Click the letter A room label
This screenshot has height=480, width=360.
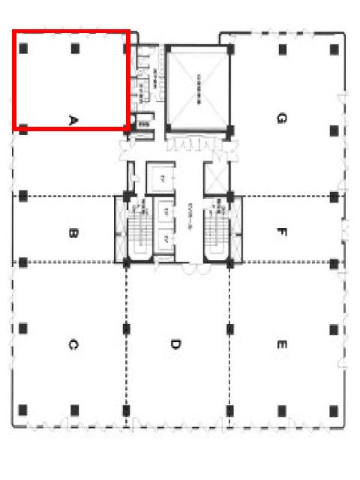[73, 119]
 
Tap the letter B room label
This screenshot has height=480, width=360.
[73, 233]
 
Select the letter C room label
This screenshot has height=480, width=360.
[73, 345]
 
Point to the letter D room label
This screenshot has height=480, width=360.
[174, 345]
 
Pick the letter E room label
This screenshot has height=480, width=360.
[280, 345]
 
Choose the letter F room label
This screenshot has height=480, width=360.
[280, 232]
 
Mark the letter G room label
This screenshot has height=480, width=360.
[280, 118]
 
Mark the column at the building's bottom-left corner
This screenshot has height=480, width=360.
[23, 410]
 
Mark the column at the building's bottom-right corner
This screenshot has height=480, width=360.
[334, 410]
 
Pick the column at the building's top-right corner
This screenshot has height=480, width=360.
[334, 49]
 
